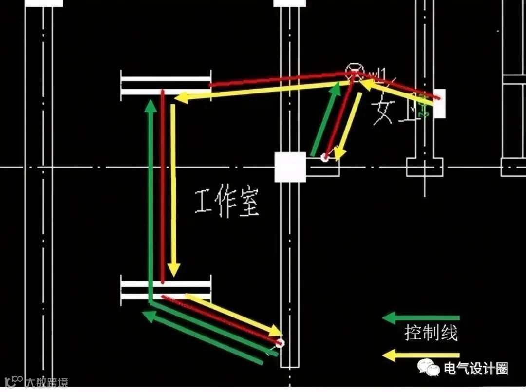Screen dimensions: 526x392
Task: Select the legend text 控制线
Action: click(x=431, y=334)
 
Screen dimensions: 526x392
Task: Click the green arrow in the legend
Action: click(x=421, y=318)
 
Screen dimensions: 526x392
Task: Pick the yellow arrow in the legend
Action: click(x=421, y=355)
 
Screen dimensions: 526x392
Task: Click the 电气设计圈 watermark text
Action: click(x=475, y=369)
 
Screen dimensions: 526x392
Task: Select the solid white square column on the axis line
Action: click(x=290, y=167)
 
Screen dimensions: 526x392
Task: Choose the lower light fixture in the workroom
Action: click(x=166, y=289)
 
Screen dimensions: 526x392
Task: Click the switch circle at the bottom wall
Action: click(x=280, y=343)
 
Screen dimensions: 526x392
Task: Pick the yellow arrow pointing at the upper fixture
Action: click(x=263, y=91)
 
